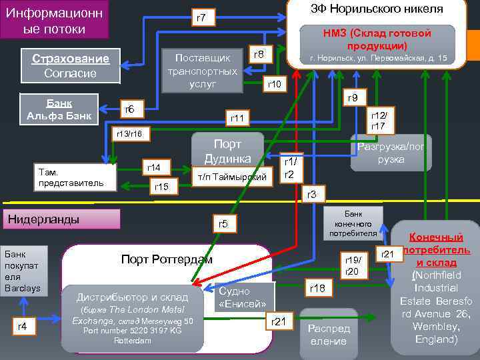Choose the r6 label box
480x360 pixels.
[x=130, y=109]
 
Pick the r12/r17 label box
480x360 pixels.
[x=378, y=121]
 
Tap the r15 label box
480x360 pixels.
[x=161, y=187]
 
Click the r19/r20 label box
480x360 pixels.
[x=352, y=266]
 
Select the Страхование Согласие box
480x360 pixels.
[x=70, y=65]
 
